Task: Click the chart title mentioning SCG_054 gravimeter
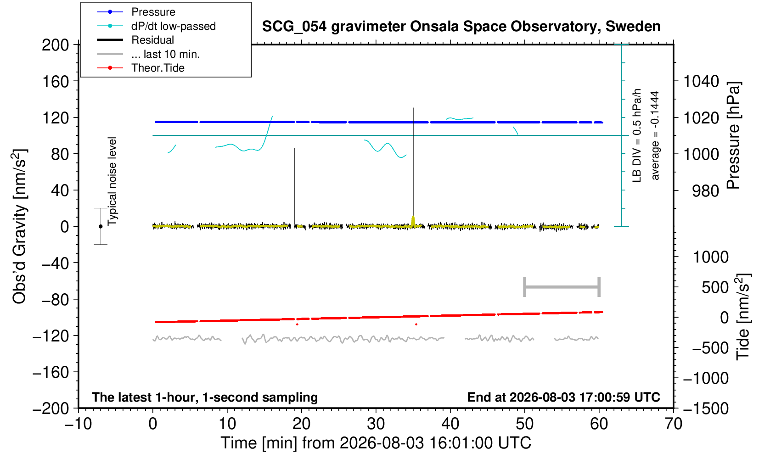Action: coord(461,27)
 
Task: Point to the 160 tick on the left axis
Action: coord(55,82)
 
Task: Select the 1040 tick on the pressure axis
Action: coord(701,82)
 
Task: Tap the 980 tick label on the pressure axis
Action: coord(705,191)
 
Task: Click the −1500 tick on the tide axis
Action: coord(705,408)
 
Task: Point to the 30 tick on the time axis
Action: coord(376,424)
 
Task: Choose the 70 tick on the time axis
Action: coord(674,424)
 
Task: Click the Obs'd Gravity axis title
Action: coord(19,226)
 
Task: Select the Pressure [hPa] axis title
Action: coord(733,135)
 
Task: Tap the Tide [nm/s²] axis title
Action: coord(743,317)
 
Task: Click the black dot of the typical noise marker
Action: coord(101,226)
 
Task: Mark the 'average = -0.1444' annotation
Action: coord(655,135)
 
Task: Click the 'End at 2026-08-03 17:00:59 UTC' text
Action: coord(563,397)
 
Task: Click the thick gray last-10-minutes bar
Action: coord(562,287)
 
